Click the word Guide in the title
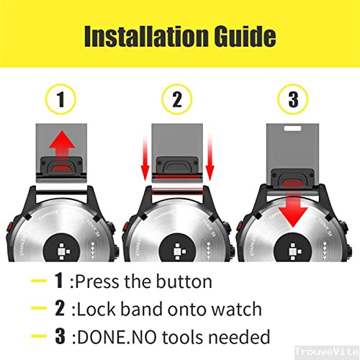click(240, 36)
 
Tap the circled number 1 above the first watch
click(60, 100)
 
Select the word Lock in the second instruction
click(97, 309)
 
